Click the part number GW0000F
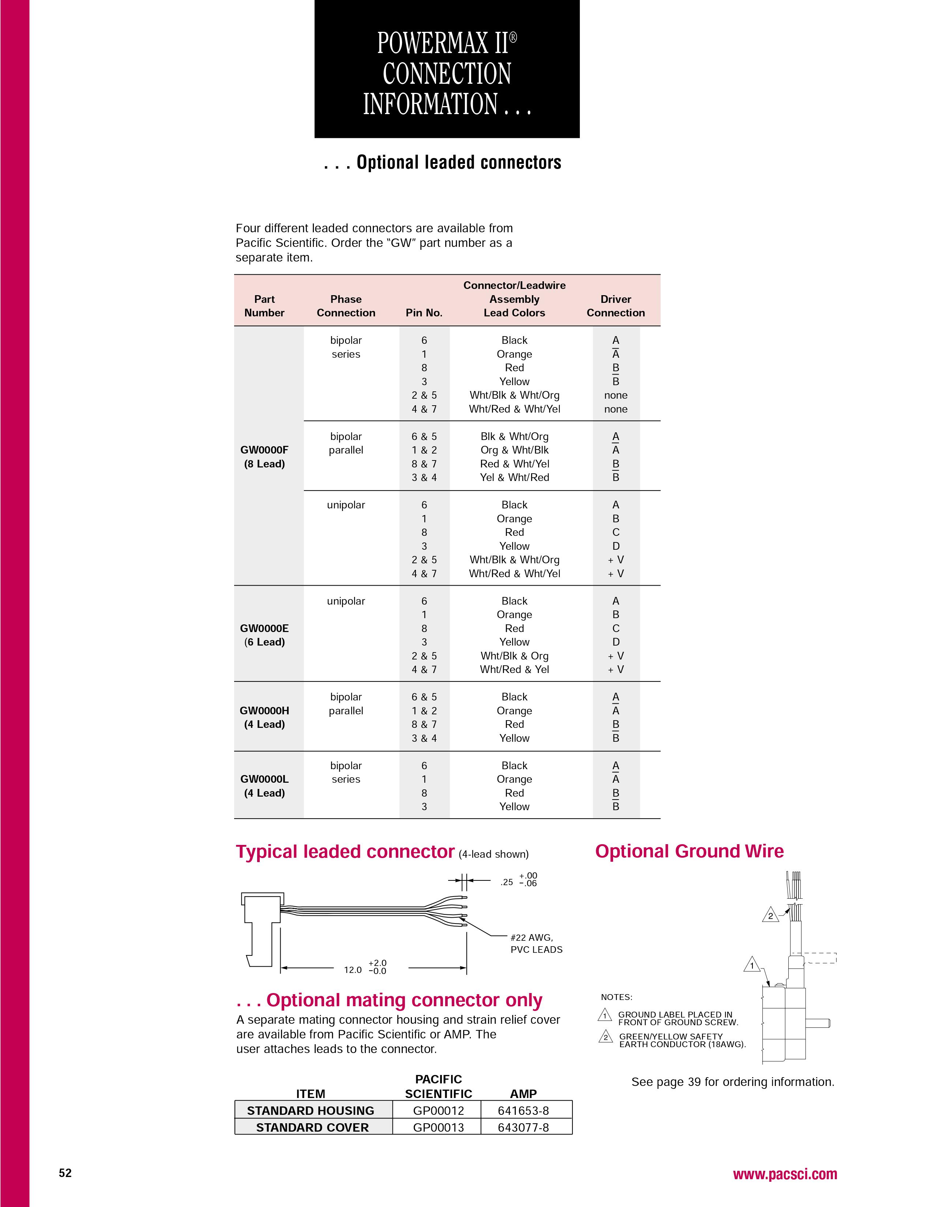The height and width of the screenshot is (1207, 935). (x=264, y=450)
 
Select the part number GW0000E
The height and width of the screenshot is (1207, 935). (x=264, y=628)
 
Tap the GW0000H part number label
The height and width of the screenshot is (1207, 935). (x=264, y=711)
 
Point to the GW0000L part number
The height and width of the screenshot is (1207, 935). (x=264, y=779)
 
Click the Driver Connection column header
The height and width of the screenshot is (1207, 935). (x=616, y=306)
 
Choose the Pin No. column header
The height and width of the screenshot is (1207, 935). (x=424, y=313)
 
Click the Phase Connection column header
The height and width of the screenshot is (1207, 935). (x=346, y=306)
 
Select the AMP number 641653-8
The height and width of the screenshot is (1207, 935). (x=523, y=1111)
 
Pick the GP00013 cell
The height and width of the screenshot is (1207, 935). (x=438, y=1127)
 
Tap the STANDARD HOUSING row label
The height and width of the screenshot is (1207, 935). (x=311, y=1111)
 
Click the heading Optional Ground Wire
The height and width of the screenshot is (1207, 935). (x=689, y=851)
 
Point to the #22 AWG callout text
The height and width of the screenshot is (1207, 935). (x=532, y=938)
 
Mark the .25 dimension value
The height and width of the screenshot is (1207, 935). (x=507, y=883)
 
